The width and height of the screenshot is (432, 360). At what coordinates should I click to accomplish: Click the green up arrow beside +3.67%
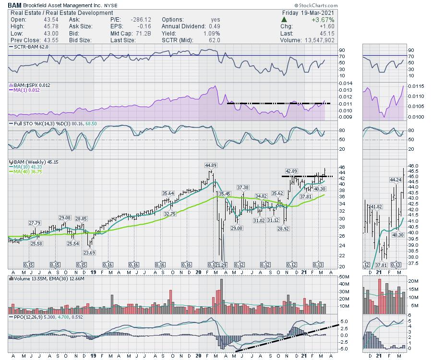(x=285, y=20)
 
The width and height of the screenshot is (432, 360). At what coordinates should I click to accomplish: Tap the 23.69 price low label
(x=89, y=252)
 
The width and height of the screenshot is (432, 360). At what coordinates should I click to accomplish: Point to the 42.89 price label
(x=292, y=171)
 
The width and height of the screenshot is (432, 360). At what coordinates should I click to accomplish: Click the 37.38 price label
(x=242, y=187)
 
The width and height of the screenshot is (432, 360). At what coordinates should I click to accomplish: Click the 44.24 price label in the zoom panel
(x=395, y=180)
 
